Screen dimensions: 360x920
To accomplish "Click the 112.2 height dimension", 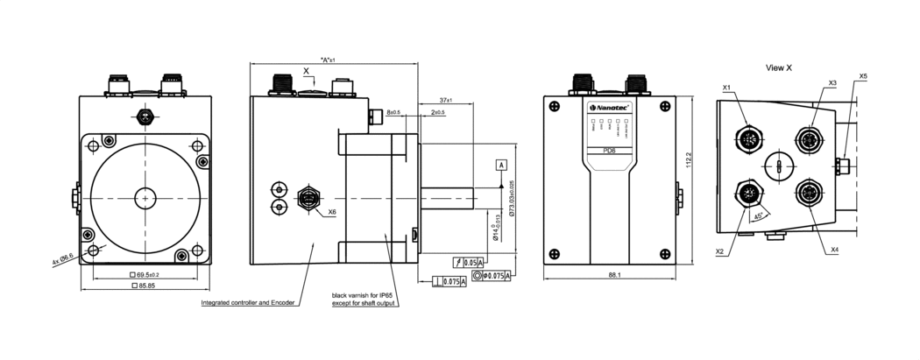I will click(688, 166).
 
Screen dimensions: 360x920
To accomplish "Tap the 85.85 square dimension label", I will click(145, 286).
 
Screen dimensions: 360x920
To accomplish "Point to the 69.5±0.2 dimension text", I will click(145, 275).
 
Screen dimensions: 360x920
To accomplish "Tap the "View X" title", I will click(778, 67).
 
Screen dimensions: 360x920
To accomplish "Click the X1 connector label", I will click(727, 88).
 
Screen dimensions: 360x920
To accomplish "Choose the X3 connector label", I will click(832, 82).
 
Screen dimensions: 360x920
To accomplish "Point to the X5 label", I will click(863, 76).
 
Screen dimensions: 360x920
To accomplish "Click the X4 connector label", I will click(833, 251).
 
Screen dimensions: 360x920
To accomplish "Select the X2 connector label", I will click(719, 251).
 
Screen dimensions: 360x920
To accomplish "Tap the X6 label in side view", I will click(332, 212).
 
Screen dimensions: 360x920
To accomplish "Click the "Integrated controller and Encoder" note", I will click(249, 303).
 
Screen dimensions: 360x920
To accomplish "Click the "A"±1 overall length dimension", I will click(329, 60).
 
